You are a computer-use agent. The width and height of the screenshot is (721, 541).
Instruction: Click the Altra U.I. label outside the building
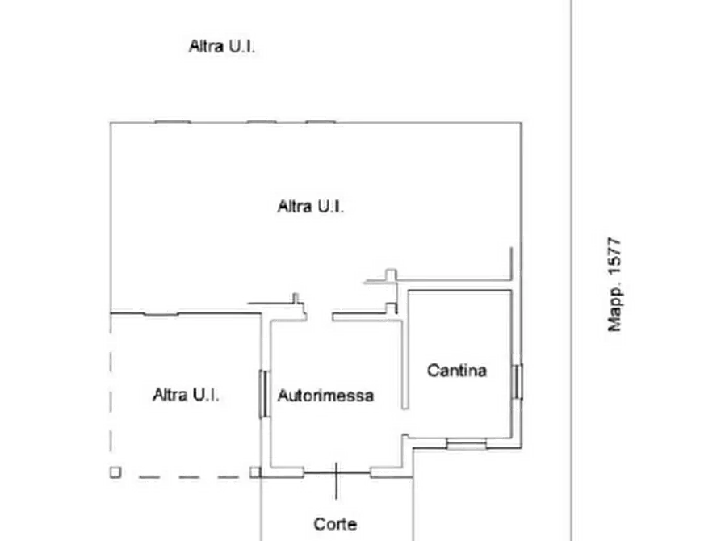pyautogui.click(x=222, y=47)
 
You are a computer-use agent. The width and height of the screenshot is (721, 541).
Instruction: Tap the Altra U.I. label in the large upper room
pyautogui.click(x=311, y=207)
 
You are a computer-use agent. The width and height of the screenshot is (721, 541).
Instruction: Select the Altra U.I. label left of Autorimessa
pyautogui.click(x=192, y=396)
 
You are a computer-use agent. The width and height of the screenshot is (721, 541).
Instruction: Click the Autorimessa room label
pyautogui.click(x=325, y=396)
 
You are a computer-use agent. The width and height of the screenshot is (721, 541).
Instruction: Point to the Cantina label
pyautogui.click(x=457, y=371)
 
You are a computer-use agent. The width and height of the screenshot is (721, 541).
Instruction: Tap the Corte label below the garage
pyautogui.click(x=335, y=524)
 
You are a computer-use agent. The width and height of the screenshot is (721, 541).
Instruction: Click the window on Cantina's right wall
pyautogui.click(x=518, y=380)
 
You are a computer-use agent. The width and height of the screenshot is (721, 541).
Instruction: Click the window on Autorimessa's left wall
pyautogui.click(x=263, y=393)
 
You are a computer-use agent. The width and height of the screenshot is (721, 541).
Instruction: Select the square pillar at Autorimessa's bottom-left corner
pyautogui.click(x=255, y=472)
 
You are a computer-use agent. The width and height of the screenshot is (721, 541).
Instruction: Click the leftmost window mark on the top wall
pyautogui.click(x=172, y=121)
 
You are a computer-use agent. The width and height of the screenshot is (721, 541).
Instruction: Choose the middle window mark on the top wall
pyautogui.click(x=258, y=121)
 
